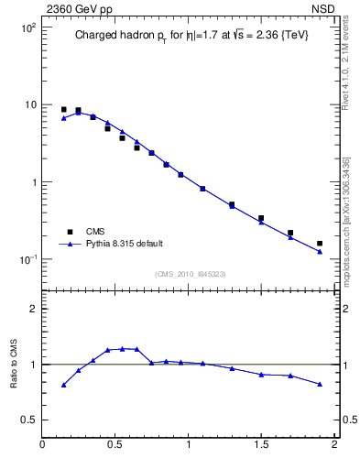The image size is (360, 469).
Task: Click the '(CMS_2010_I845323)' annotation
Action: point(189,274)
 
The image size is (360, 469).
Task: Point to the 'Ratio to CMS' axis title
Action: point(15,364)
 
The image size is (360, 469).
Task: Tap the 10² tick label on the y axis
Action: point(28,27)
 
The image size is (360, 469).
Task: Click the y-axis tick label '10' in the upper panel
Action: point(30,104)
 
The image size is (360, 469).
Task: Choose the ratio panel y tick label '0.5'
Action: point(29,420)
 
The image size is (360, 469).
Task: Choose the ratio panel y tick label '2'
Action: point(33,310)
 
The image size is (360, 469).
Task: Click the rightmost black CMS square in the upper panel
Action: point(320,244)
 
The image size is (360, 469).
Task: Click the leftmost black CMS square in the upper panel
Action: point(63,109)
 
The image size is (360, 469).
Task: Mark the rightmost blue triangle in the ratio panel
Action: point(320,384)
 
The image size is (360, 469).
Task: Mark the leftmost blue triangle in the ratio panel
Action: point(63,385)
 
